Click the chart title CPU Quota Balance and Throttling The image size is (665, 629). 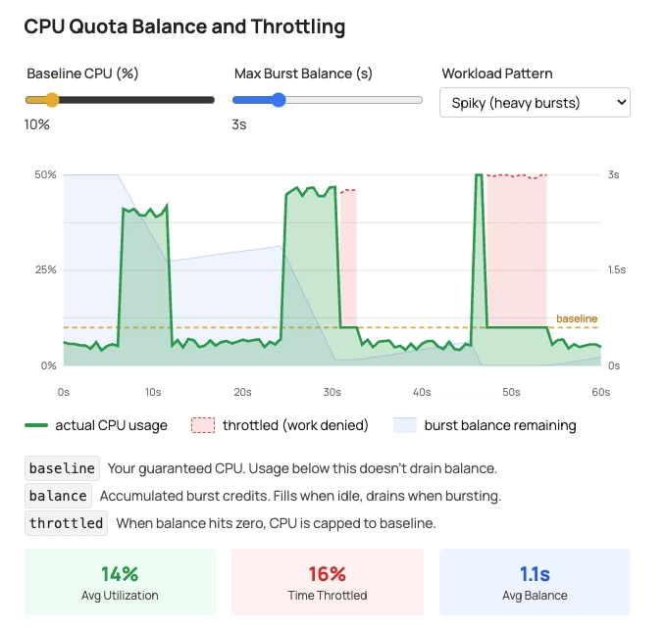(x=184, y=27)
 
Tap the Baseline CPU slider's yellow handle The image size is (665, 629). (x=52, y=99)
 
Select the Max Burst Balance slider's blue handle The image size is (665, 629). (x=279, y=99)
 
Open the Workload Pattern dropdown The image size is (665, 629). (x=535, y=102)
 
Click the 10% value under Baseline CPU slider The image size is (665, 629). (x=37, y=124)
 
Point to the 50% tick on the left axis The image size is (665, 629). (x=45, y=174)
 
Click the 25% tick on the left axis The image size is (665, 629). (x=45, y=269)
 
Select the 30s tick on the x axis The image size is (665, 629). (x=332, y=392)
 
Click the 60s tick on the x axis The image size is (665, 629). (x=600, y=392)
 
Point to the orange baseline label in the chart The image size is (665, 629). (x=576, y=318)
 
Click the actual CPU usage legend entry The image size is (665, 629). (x=95, y=425)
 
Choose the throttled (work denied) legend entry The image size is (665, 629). (x=280, y=425)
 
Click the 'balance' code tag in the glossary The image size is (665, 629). (x=58, y=496)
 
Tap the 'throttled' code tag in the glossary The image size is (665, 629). (x=67, y=523)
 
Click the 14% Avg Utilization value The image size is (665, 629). (x=119, y=574)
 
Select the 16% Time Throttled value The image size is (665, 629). (x=327, y=574)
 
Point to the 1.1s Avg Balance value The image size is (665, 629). (x=535, y=574)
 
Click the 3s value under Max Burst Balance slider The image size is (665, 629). (x=238, y=124)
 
